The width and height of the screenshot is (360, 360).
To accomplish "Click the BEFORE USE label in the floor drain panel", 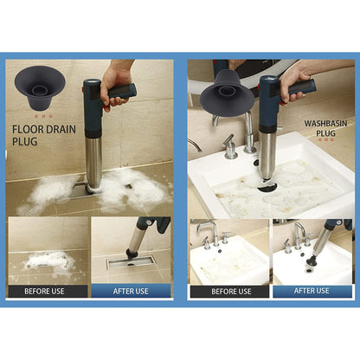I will tap(47, 291).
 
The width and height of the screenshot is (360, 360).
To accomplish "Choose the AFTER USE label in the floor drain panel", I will tap(130, 291).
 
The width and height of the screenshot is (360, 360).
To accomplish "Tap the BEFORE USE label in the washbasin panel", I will tap(228, 292).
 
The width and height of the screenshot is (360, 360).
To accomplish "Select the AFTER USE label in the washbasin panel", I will tap(312, 292).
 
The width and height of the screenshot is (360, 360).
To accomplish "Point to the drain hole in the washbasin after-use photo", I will tap(310, 269).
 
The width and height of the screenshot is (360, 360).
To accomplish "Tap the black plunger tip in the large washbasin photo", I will tap(267, 185).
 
